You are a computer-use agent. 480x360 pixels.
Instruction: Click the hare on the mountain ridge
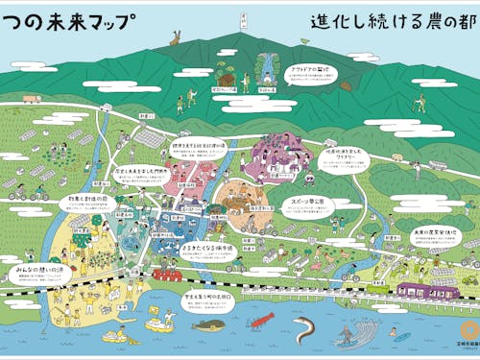(174, 39)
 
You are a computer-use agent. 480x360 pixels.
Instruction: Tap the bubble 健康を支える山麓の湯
(199, 149)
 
